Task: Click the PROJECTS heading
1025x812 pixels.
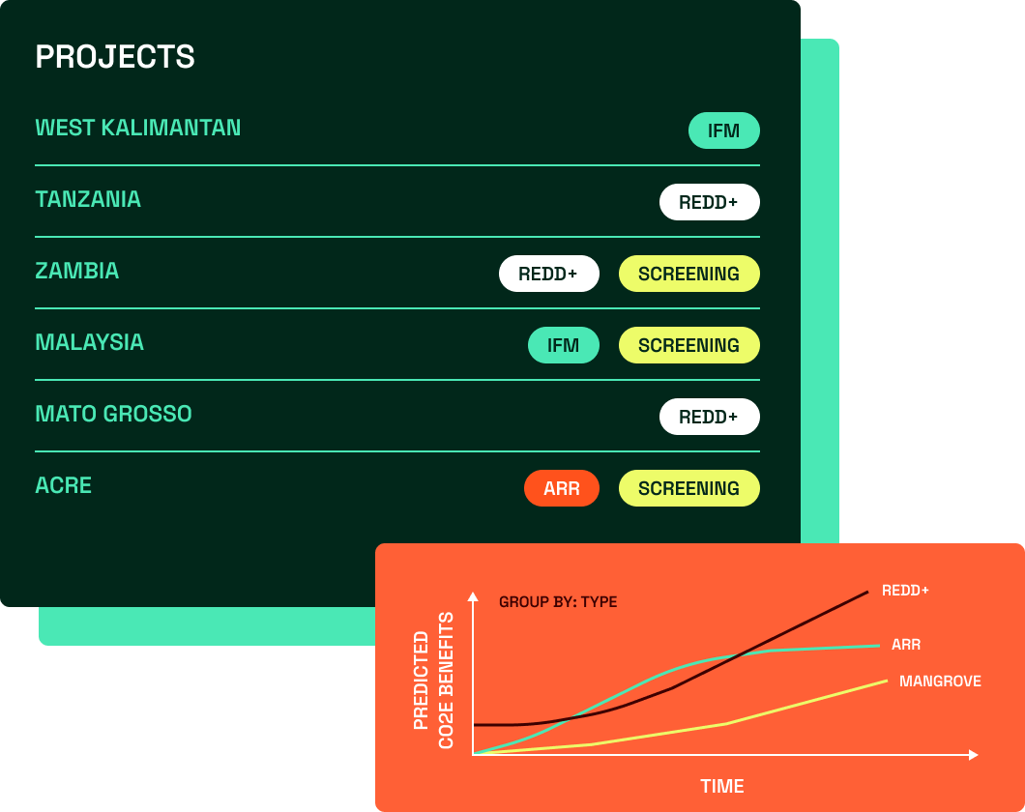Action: coord(115,57)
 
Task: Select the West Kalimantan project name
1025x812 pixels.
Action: coord(138,128)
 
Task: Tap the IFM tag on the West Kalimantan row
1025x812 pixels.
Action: coord(723,130)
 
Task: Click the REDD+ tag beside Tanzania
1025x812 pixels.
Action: coord(709,202)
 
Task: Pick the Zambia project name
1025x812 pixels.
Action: coord(77,271)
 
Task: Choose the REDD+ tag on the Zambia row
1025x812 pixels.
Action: coord(549,273)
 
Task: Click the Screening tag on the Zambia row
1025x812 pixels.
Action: coord(689,273)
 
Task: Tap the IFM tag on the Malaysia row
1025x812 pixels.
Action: coord(564,345)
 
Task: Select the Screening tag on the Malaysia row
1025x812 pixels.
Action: coord(689,345)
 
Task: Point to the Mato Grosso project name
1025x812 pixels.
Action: coord(114,414)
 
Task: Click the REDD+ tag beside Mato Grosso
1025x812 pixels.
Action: coord(709,416)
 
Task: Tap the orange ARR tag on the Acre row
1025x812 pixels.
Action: coord(562,488)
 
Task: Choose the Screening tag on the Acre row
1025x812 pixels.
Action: coord(689,488)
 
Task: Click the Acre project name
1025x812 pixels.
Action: coord(64,485)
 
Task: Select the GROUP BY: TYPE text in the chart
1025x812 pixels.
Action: coord(558,601)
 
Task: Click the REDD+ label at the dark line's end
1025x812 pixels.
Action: coord(905,591)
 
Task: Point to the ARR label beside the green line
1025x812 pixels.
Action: coord(906,645)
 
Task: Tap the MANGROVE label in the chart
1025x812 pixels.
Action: coord(940,681)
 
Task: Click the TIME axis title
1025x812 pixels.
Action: coord(721,786)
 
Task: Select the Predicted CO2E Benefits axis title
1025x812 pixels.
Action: coord(433,680)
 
